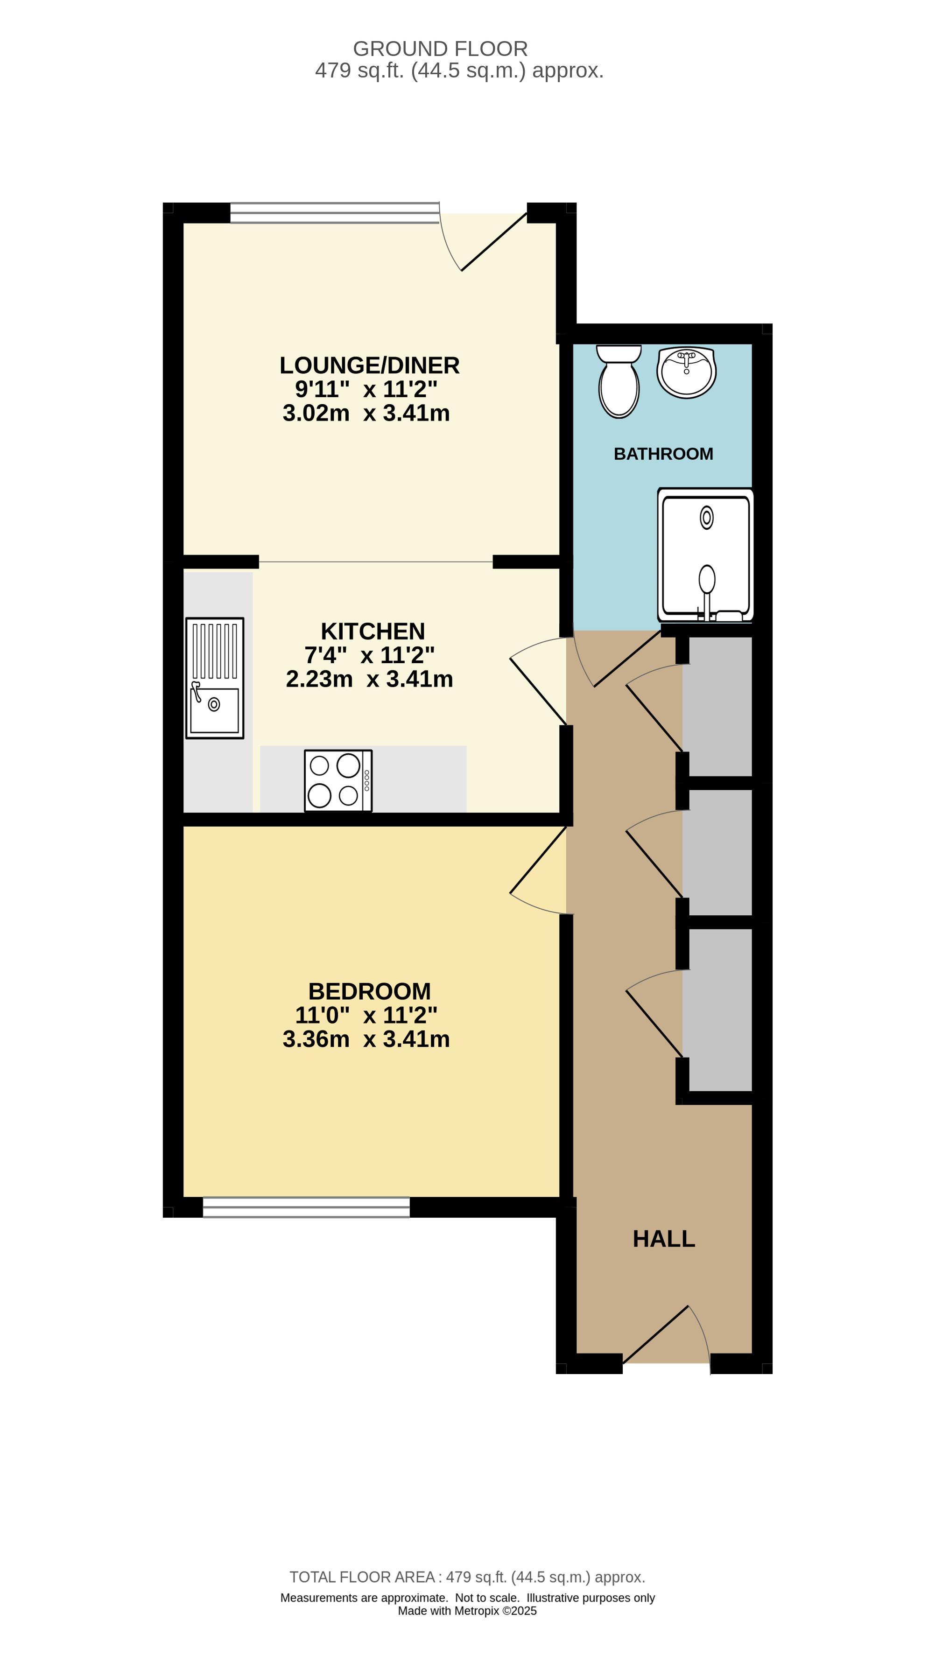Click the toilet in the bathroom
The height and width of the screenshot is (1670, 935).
[619, 382]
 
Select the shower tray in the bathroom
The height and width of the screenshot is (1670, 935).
[705, 555]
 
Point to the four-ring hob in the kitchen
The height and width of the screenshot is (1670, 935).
[338, 780]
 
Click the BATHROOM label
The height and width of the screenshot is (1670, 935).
[663, 454]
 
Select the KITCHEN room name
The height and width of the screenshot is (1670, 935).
[373, 631]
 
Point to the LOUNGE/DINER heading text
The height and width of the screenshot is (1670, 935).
[370, 365]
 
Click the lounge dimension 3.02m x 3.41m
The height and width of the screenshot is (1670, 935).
[366, 413]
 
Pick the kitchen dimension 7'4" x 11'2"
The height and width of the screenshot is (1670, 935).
[370, 655]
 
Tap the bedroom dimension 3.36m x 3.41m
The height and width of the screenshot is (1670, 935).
[366, 1039]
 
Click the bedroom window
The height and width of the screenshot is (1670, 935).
[306, 1207]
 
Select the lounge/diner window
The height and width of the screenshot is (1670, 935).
[335, 213]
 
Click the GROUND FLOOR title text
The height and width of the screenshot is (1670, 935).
[440, 49]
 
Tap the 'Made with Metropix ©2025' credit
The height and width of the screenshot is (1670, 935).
[468, 1611]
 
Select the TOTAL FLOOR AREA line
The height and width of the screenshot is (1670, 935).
[467, 1577]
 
